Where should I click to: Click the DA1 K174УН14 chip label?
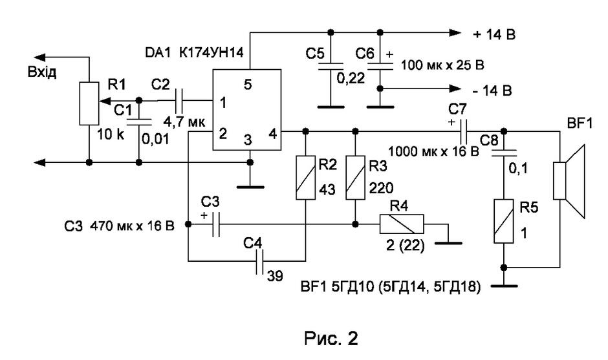pos(194,52)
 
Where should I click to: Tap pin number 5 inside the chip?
pos(248,85)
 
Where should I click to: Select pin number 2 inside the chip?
pos(223,134)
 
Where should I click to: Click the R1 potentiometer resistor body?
pos(89,103)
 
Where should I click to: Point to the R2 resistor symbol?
pos(305,178)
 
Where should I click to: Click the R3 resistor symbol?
pos(355,178)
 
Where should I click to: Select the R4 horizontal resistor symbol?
pos(402,224)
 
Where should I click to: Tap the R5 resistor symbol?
pos(504,221)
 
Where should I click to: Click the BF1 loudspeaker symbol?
pos(569,181)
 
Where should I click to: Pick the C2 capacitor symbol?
pos(180,101)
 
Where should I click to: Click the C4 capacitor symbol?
pos(260,261)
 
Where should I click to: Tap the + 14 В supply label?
pos(494,35)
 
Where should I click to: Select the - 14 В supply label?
pos(492,90)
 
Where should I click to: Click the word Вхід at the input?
pos(42,72)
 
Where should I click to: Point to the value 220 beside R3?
pos(381,188)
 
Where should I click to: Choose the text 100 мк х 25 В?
pos(442,65)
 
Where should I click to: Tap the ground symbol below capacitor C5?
pos(331,107)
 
